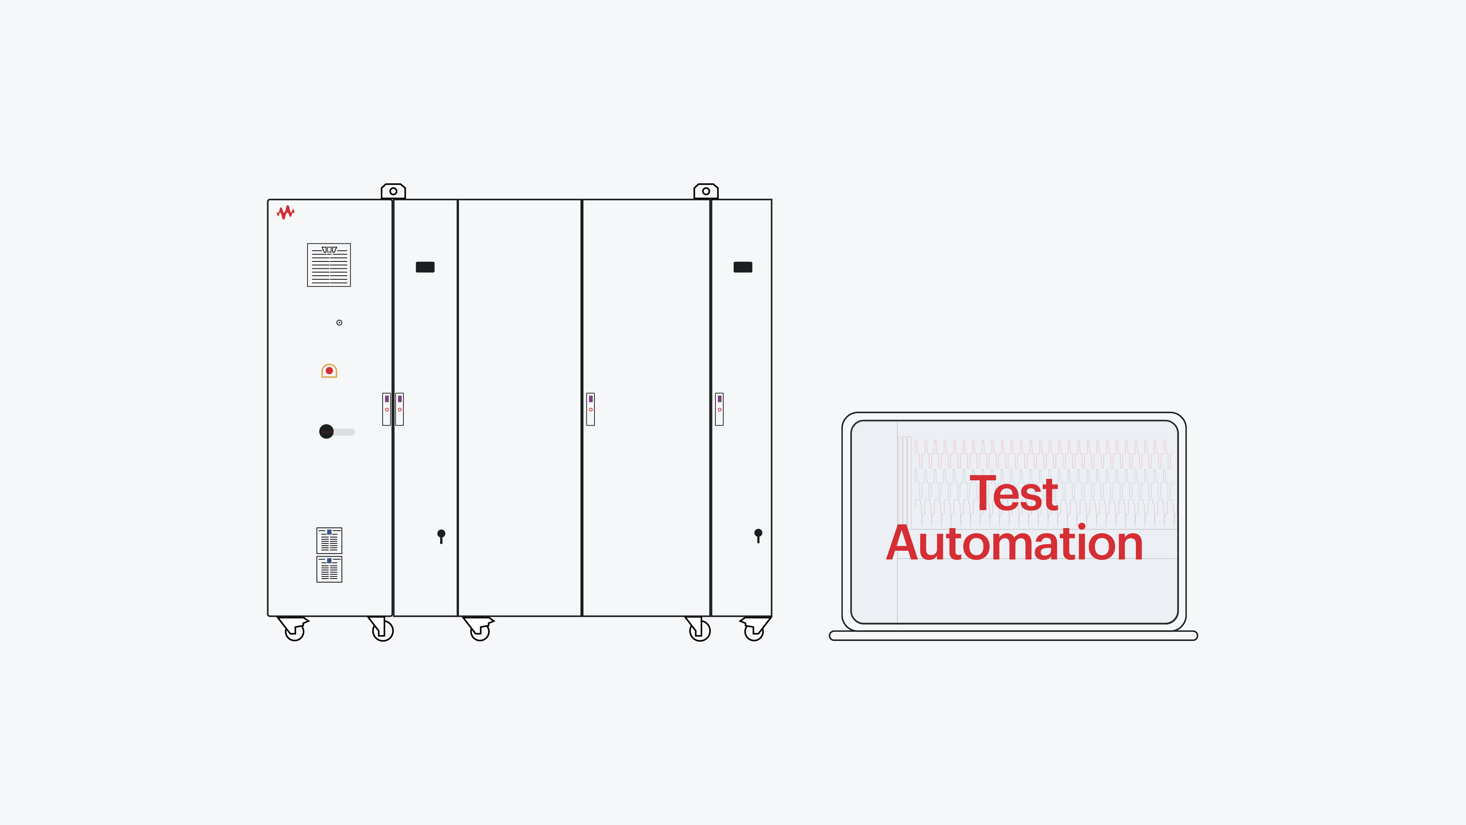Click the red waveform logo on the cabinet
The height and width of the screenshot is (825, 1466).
286,212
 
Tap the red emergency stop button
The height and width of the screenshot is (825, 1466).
329,371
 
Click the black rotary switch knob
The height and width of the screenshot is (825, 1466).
327,432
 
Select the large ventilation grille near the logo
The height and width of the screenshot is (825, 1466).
329,265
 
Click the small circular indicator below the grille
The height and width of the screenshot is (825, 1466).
339,323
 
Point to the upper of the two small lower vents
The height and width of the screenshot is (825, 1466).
329,540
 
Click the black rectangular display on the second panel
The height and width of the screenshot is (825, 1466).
425,267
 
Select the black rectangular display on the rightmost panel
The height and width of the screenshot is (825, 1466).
743,267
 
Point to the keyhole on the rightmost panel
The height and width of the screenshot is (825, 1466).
758,536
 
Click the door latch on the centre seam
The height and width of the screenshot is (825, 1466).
591,409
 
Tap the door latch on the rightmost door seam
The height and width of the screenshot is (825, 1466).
719,409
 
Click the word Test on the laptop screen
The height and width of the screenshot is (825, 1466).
1014,494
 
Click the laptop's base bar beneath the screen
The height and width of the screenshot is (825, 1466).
1014,635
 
